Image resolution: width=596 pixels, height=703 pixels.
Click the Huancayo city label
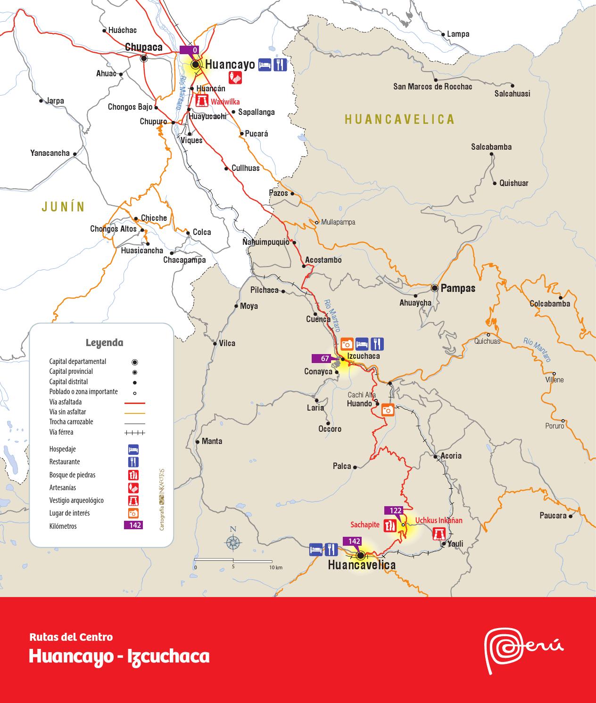(x=230, y=65)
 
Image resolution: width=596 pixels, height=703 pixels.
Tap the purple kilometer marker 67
(x=325, y=359)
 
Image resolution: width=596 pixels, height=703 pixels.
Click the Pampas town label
(x=458, y=288)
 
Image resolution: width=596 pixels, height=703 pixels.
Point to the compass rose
(x=232, y=542)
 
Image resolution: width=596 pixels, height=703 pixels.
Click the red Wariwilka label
(x=225, y=102)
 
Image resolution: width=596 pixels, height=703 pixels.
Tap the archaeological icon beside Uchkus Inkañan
(x=440, y=533)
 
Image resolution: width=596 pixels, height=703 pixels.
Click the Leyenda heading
(x=104, y=342)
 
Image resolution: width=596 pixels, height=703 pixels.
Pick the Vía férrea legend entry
(x=61, y=432)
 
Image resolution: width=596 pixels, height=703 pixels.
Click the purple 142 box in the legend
(x=133, y=525)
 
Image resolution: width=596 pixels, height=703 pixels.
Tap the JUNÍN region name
(x=63, y=206)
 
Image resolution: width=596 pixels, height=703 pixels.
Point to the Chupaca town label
(x=143, y=47)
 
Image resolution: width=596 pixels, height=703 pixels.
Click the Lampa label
(x=458, y=34)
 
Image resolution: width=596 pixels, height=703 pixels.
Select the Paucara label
(x=553, y=516)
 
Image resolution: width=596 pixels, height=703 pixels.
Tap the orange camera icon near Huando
(x=388, y=410)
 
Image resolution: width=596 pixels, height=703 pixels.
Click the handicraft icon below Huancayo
(x=235, y=78)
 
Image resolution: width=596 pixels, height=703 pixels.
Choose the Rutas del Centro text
(x=71, y=637)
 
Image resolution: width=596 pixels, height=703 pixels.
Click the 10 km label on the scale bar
(x=276, y=568)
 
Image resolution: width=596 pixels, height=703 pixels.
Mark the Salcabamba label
(x=491, y=147)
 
